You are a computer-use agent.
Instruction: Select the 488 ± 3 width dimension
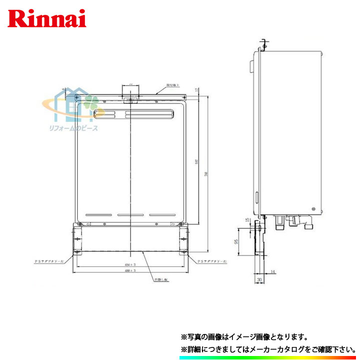click(131, 270)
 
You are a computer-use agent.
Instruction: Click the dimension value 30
click(259, 279)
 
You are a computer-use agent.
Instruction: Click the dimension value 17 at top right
click(198, 90)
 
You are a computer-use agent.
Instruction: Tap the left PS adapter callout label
click(49, 261)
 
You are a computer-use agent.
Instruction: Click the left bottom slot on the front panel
click(97, 214)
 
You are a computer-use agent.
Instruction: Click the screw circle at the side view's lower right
click(313, 208)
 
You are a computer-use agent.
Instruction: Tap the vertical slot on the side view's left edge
click(257, 198)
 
